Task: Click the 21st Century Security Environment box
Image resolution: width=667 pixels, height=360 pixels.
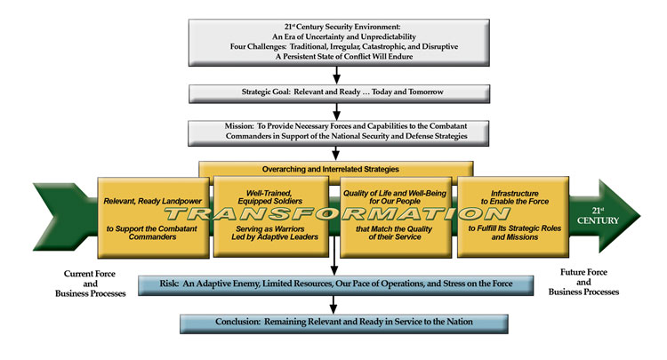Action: click(335, 40)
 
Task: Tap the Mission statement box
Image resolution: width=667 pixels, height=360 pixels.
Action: click(335, 132)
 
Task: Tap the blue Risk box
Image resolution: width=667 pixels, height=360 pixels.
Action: click(335, 285)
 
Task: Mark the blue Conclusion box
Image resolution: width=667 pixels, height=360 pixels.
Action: click(335, 322)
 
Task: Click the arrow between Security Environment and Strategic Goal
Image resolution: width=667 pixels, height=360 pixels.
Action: click(336, 75)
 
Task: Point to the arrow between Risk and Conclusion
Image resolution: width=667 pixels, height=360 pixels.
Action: click(336, 304)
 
